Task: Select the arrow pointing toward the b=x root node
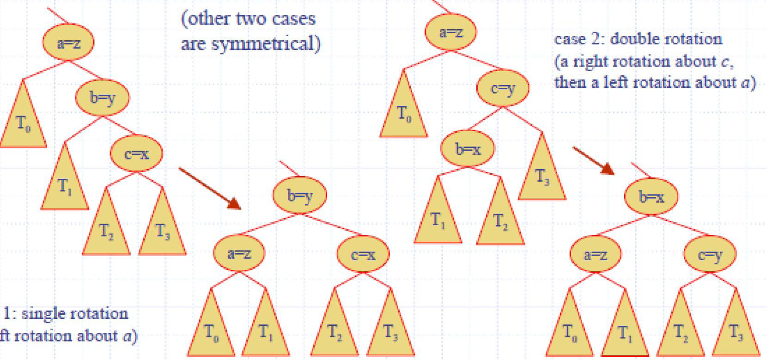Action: point(594,160)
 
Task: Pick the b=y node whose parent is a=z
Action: point(102,98)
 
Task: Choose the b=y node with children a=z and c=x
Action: point(299,196)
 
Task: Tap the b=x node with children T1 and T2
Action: point(468,149)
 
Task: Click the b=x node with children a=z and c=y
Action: point(651,197)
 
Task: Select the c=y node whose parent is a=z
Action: point(503,87)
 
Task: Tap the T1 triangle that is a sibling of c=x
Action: point(65,185)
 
